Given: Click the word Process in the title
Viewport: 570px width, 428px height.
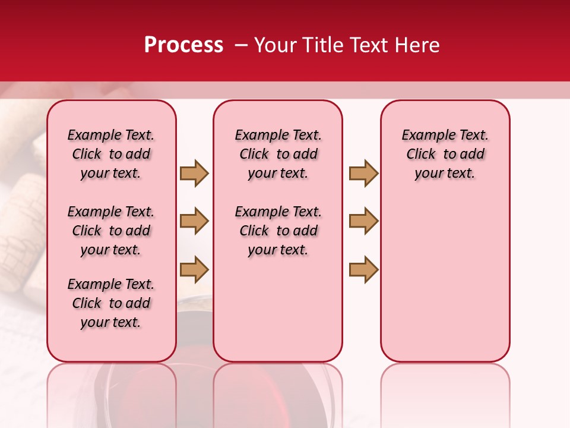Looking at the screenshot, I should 183,45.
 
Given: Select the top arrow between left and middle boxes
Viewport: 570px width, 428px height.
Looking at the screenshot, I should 194,173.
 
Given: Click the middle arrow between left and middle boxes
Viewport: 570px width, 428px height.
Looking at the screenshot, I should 194,221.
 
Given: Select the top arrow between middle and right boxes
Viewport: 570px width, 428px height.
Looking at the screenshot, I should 363,173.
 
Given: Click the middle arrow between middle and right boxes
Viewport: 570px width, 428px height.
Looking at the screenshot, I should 363,221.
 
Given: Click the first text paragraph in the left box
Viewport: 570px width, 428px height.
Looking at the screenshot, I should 111,154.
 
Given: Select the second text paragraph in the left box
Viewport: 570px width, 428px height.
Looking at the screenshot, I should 111,231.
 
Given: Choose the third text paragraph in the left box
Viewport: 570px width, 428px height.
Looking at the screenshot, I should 111,303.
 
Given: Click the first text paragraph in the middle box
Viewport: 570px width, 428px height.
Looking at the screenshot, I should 278,154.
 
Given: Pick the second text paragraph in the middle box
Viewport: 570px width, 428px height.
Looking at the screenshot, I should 278,231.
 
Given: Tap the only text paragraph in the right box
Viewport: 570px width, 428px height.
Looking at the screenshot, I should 445,154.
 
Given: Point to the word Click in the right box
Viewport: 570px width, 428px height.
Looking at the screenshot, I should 421,154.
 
